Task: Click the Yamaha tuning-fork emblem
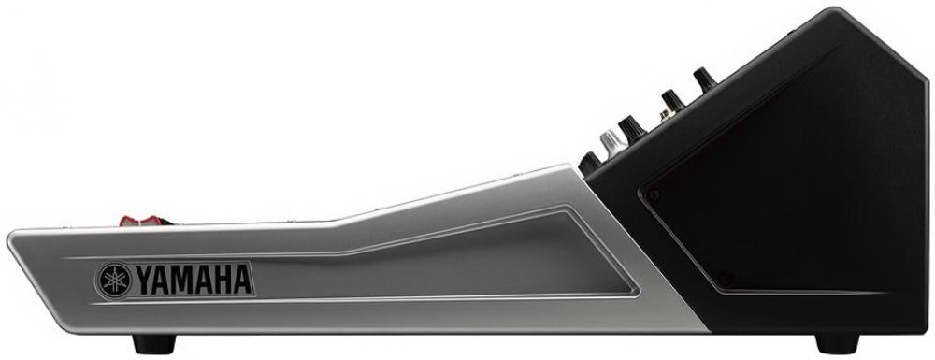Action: [x=114, y=281]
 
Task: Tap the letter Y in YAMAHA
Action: [x=145, y=281]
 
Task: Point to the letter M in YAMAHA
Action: [x=183, y=281]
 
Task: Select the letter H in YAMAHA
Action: [x=223, y=281]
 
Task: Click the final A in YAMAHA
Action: [x=242, y=281]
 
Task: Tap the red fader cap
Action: [x=141, y=221]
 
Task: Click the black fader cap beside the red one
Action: [x=166, y=223]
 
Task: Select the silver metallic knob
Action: [x=612, y=144]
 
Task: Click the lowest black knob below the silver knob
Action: [x=589, y=163]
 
